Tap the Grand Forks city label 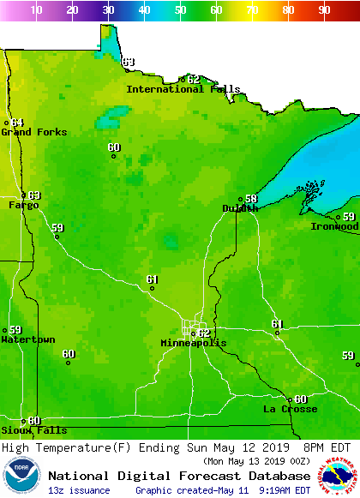point(28,132)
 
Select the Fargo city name point(23,206)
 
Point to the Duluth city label point(240,208)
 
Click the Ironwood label point(334,226)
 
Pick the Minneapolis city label point(194,343)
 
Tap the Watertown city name point(27,340)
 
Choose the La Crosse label point(290,410)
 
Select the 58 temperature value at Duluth point(251,199)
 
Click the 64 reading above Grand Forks point(18,123)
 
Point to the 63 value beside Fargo point(34,195)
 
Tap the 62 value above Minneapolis point(204,333)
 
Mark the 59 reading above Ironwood point(349,217)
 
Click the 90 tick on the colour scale point(324,9)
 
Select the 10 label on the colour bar point(36,9)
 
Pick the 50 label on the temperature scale point(180,9)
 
